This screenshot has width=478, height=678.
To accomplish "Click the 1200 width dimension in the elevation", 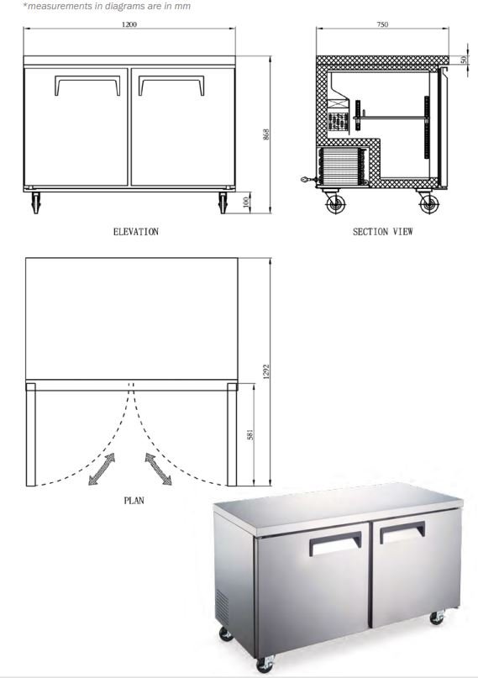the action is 129,24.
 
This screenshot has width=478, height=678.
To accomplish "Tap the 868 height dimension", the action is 266,134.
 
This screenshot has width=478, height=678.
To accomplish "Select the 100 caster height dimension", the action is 247,202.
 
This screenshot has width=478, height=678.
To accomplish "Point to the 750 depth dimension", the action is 382,24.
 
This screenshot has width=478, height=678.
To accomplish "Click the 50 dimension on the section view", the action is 464,60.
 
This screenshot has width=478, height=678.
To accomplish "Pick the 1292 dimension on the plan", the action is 266,372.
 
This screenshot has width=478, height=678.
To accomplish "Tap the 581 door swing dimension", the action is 250,434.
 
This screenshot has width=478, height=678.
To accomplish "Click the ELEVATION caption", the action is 136,232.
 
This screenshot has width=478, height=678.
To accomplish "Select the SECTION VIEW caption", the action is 382,232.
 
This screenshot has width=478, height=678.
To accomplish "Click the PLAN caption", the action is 134,501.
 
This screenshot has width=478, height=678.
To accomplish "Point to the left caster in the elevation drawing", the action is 35,202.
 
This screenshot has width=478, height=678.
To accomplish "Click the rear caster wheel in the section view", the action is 336,203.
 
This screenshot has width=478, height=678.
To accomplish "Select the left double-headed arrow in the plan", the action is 102,469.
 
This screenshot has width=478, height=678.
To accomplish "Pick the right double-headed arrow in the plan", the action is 158,469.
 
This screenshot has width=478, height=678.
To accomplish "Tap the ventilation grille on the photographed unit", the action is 222,606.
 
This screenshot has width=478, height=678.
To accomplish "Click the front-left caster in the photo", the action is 265,664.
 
